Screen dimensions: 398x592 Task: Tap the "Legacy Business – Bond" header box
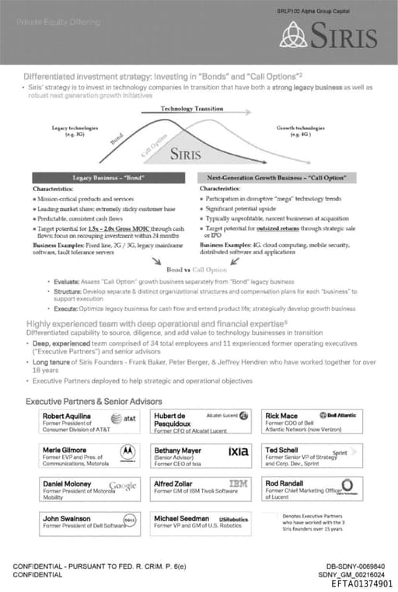pyautogui.click(x=109, y=178)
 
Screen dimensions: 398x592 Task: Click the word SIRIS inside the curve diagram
pyautogui.click(x=190, y=153)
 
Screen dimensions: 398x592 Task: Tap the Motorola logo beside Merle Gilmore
pyautogui.click(x=127, y=452)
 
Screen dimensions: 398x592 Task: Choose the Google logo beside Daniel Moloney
pyautogui.click(x=123, y=486)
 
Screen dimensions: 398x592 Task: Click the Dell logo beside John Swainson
pyautogui.click(x=130, y=520)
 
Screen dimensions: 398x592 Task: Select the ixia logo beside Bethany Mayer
pyautogui.click(x=238, y=451)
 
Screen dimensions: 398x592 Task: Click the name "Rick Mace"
pyautogui.click(x=281, y=416)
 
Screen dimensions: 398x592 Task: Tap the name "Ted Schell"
pyautogui.click(x=281, y=450)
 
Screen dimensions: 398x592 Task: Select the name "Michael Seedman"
pyautogui.click(x=182, y=517)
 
